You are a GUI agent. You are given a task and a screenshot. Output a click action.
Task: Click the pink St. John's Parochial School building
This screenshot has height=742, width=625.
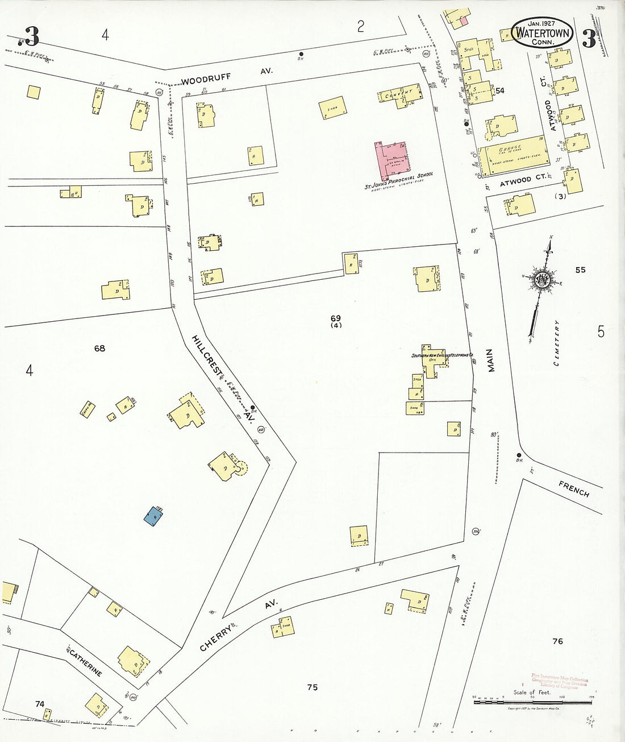click(391, 160)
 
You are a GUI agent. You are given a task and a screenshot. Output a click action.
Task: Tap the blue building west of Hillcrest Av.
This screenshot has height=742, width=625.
click(152, 516)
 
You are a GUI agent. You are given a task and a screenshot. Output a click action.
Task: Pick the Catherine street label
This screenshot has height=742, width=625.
click(85, 662)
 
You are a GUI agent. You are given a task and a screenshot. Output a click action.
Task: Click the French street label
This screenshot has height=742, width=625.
click(574, 488)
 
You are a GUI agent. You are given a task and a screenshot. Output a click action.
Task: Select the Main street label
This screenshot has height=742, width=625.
click(491, 360)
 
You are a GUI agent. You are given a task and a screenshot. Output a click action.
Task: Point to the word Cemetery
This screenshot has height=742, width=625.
click(557, 342)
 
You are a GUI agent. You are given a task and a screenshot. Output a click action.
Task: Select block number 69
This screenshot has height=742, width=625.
click(336, 318)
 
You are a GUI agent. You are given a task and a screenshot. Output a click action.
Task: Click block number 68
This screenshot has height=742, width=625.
click(99, 348)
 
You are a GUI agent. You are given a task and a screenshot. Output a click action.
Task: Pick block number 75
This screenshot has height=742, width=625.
click(312, 687)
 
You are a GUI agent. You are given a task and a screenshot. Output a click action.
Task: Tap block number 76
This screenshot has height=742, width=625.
click(557, 641)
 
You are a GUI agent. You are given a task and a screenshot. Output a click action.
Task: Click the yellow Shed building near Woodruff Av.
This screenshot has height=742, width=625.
click(332, 108)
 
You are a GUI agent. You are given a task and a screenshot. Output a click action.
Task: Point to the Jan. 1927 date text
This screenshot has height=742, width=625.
click(541, 23)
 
